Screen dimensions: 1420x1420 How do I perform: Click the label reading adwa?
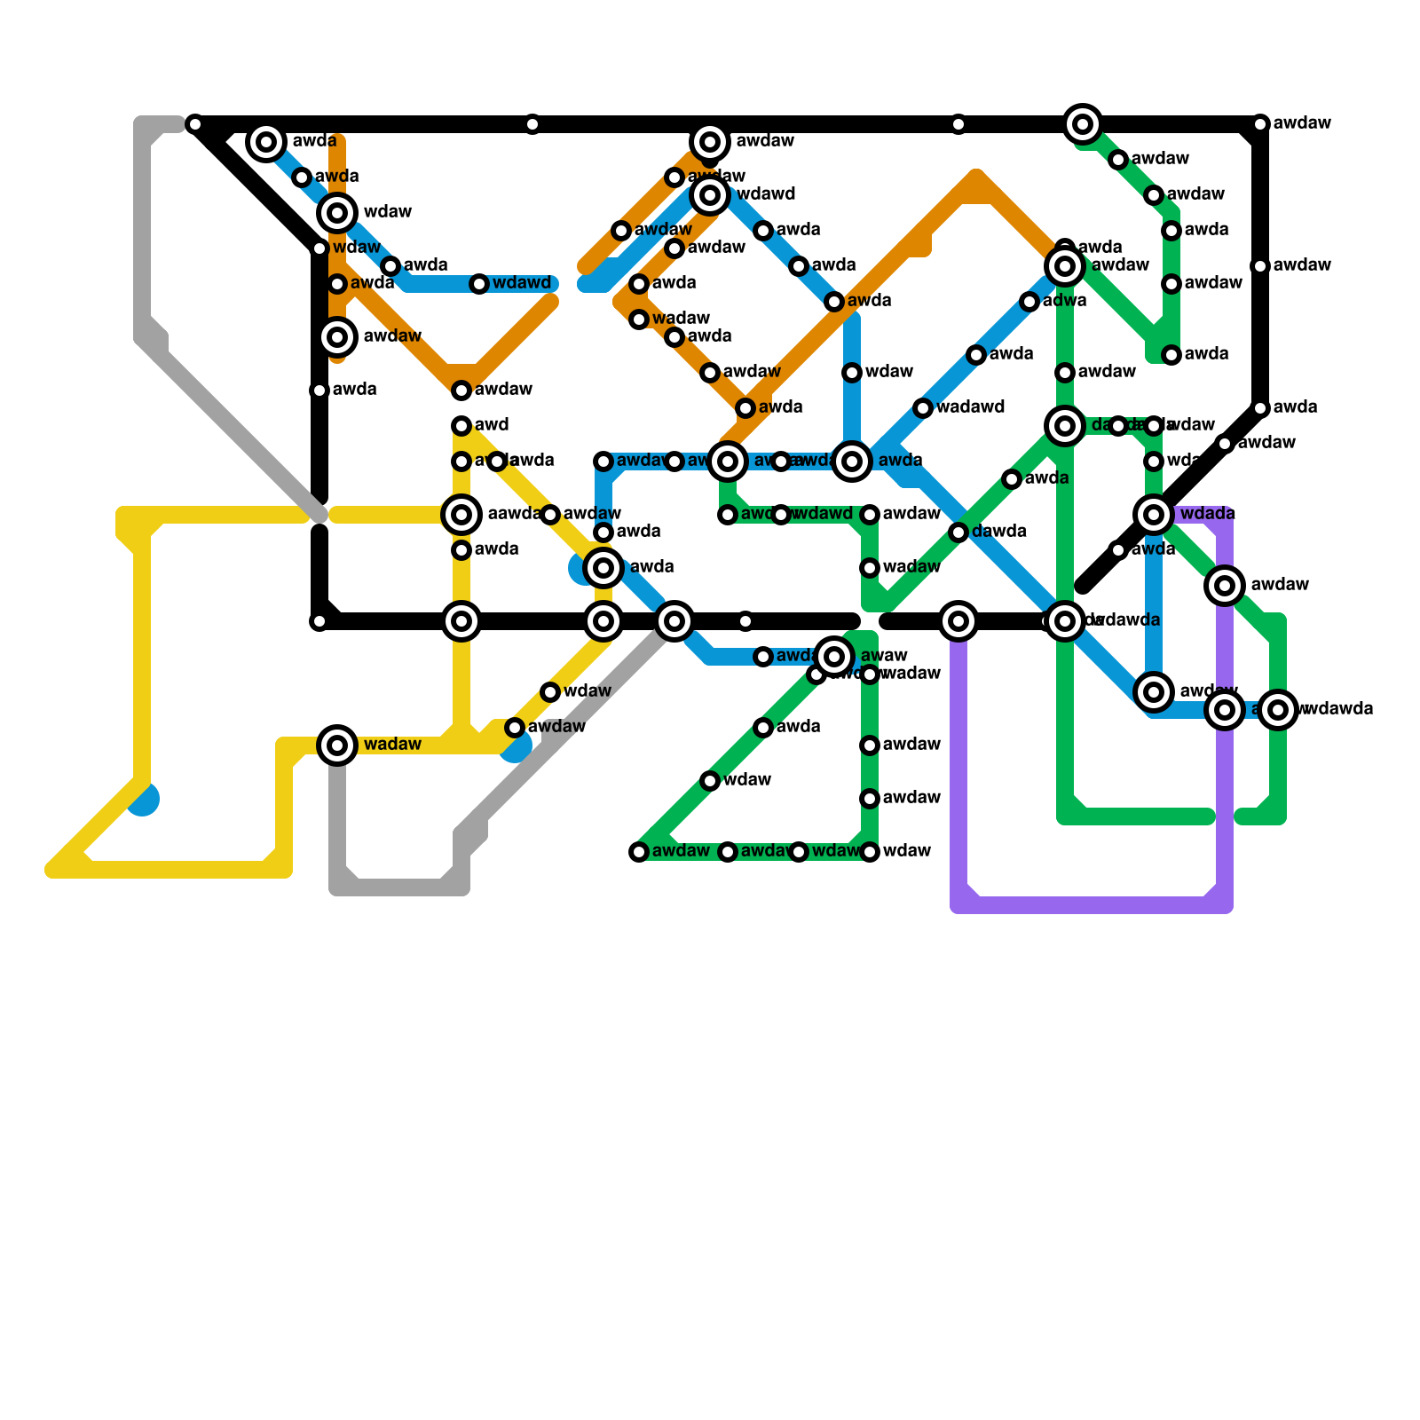pyautogui.click(x=1064, y=301)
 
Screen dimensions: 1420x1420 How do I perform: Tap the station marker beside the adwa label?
pyautogui.click(x=1029, y=302)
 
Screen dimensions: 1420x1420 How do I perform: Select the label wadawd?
pyautogui.click(x=970, y=407)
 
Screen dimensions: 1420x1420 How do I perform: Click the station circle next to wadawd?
pyautogui.click(x=923, y=408)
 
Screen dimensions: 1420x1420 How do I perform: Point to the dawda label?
pyautogui.click(x=998, y=532)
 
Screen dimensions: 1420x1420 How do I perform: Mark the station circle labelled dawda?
pyautogui.click(x=958, y=532)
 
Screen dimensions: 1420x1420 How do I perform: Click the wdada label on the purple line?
pyautogui.click(x=1207, y=514)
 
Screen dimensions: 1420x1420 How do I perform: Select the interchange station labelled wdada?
pyautogui.click(x=1154, y=514)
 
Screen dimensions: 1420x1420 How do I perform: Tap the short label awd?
pyautogui.click(x=491, y=425)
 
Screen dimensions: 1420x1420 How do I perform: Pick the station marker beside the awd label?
pyautogui.click(x=461, y=426)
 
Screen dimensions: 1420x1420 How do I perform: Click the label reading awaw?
pyautogui.click(x=883, y=656)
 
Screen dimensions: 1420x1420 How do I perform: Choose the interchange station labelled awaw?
pyautogui.click(x=834, y=657)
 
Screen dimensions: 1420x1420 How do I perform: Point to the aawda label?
pyautogui.click(x=514, y=514)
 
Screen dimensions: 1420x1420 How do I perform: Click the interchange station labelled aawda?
pyautogui.click(x=461, y=515)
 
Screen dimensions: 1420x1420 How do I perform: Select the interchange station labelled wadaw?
pyautogui.click(x=337, y=745)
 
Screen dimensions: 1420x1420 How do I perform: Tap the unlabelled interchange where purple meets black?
pyautogui.click(x=958, y=621)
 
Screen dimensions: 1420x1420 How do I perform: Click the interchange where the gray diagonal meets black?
pyautogui.click(x=674, y=621)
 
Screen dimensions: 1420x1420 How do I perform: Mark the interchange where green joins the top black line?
pyautogui.click(x=1083, y=124)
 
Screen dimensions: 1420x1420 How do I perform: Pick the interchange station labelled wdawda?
pyautogui.click(x=1278, y=710)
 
